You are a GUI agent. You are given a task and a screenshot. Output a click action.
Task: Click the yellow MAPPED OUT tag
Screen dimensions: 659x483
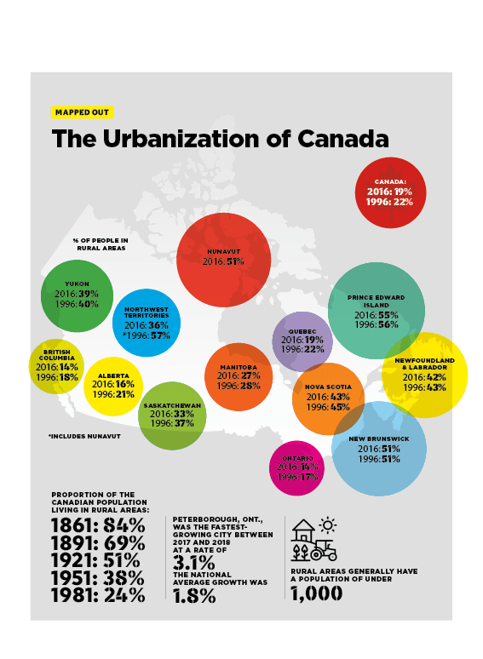pyautogui.click(x=82, y=112)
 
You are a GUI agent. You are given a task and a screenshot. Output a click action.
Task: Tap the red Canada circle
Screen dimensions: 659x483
pyautogui.click(x=391, y=192)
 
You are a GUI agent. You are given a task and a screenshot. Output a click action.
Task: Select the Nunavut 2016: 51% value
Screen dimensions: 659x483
pyautogui.click(x=223, y=262)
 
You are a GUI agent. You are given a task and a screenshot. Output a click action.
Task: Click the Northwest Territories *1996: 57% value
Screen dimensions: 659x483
pyautogui.click(x=147, y=335)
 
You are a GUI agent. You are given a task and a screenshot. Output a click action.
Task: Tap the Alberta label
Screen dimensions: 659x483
pyautogui.click(x=112, y=375)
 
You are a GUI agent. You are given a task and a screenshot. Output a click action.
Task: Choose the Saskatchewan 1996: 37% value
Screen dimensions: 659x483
pyautogui.click(x=172, y=423)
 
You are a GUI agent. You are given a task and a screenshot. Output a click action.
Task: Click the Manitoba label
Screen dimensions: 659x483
pyautogui.click(x=239, y=366)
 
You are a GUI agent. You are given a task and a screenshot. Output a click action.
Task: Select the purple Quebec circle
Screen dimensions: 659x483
pyautogui.click(x=302, y=341)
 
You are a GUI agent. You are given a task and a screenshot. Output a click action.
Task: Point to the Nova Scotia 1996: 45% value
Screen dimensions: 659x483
pyautogui.click(x=327, y=407)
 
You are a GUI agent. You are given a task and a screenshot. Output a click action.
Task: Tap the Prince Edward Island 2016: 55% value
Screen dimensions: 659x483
pyautogui.click(x=377, y=314)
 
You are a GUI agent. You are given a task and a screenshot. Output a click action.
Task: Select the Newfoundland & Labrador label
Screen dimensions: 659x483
pyautogui.click(x=424, y=364)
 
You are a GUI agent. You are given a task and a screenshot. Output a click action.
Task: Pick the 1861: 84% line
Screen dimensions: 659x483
pyautogui.click(x=98, y=524)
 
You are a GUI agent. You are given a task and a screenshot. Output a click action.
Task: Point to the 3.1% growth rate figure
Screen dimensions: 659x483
pyautogui.click(x=192, y=564)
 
